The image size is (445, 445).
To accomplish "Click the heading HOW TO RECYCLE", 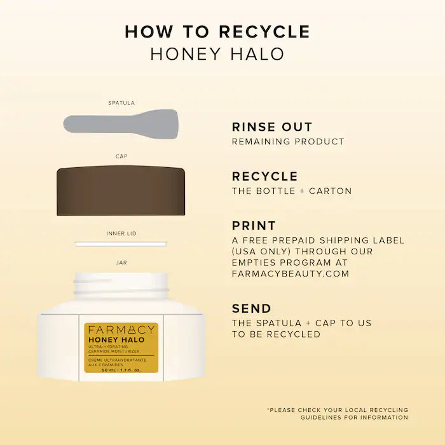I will pyautogui.click(x=217, y=31).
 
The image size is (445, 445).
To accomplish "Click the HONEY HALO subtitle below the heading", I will pyautogui.click(x=217, y=54).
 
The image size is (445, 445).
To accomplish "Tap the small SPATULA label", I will pyautogui.click(x=121, y=102).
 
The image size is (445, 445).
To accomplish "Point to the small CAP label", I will pyautogui.click(x=121, y=156).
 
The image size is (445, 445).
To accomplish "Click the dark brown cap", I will pyautogui.click(x=121, y=191).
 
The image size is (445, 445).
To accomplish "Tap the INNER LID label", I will pyautogui.click(x=121, y=233).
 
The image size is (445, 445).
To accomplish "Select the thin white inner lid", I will pyautogui.click(x=121, y=243).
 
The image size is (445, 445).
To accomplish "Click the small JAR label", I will pyautogui.click(x=121, y=261).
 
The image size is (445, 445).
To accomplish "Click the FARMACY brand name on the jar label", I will pyautogui.click(x=121, y=329).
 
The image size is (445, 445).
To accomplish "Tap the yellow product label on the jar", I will pyautogui.click(x=121, y=348).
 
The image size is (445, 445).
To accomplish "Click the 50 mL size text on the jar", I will pyautogui.click(x=121, y=369).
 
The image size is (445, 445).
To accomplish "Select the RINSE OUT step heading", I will pyautogui.click(x=272, y=127).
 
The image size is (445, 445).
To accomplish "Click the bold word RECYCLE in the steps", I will pyautogui.click(x=264, y=176).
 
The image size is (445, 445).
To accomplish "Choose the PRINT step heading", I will pyautogui.click(x=254, y=226).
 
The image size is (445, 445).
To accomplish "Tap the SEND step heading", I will pyautogui.click(x=252, y=309).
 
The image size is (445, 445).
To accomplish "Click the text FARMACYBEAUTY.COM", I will pyautogui.click(x=291, y=273).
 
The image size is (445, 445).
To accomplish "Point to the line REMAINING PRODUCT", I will pyautogui.click(x=287, y=142).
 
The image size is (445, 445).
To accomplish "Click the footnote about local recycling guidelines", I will pyautogui.click(x=338, y=413).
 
